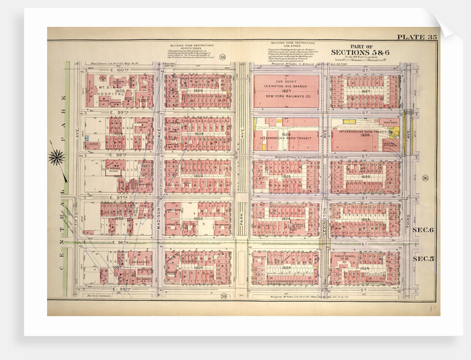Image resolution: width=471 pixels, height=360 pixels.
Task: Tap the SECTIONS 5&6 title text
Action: click(355, 52)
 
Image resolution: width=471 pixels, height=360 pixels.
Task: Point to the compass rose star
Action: click(56, 157)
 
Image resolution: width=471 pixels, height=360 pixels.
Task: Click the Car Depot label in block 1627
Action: click(286, 81)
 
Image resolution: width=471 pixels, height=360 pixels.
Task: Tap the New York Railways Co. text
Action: click(286, 97)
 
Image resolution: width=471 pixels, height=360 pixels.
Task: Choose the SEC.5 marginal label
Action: click(426, 259)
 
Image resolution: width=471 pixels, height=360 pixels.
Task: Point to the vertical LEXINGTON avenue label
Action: click(325, 219)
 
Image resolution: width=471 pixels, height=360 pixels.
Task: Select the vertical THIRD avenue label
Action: click(408, 219)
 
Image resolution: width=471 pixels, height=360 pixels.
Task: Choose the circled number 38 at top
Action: click(222, 56)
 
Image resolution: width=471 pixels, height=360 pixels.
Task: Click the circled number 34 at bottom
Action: click(224, 297)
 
